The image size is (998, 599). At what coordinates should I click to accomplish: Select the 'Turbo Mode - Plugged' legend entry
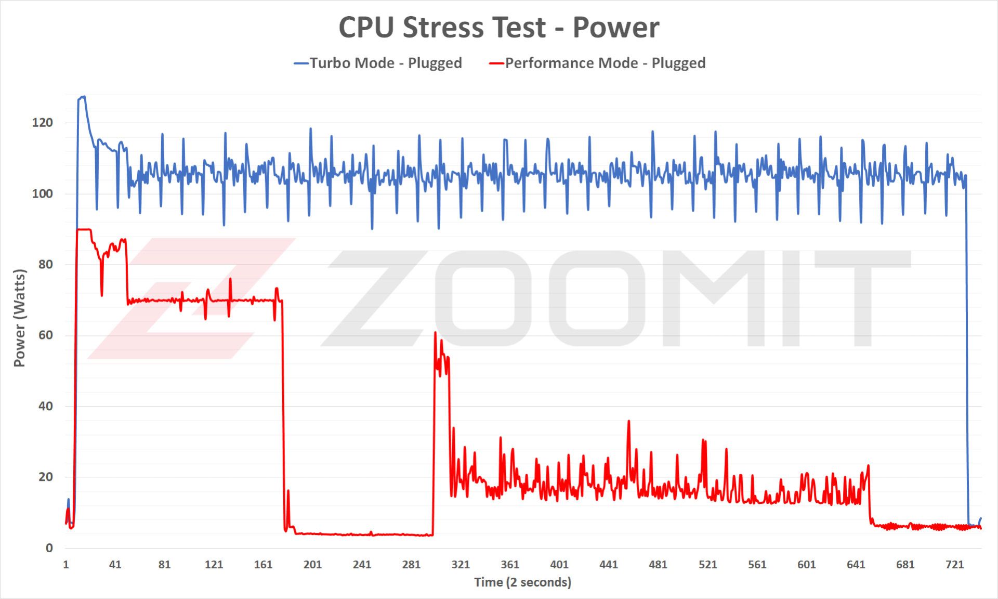378,63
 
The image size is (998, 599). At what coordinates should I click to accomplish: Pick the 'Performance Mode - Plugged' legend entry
598,63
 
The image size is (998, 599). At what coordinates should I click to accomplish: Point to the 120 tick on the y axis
43,123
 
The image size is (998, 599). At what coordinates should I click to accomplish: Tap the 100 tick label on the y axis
43,193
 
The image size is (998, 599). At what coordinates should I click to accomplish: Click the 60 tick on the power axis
46,335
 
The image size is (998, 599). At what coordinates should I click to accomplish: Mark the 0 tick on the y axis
49,548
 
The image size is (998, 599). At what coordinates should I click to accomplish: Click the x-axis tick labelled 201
312,565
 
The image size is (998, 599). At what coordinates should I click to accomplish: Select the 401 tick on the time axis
559,565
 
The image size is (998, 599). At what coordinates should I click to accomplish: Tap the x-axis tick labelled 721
954,565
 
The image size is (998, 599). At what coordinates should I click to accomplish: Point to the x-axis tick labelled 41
115,565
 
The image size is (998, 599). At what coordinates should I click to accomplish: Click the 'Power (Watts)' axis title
19,318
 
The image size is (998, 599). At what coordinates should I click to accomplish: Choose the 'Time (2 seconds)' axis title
522,582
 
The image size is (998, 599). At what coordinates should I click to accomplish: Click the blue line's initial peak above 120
82,97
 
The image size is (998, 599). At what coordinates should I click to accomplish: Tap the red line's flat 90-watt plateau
84,229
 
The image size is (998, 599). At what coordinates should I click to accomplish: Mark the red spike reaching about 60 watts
435,333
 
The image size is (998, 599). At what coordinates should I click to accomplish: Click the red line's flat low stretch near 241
362,535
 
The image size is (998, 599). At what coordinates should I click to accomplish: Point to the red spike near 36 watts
628,422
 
